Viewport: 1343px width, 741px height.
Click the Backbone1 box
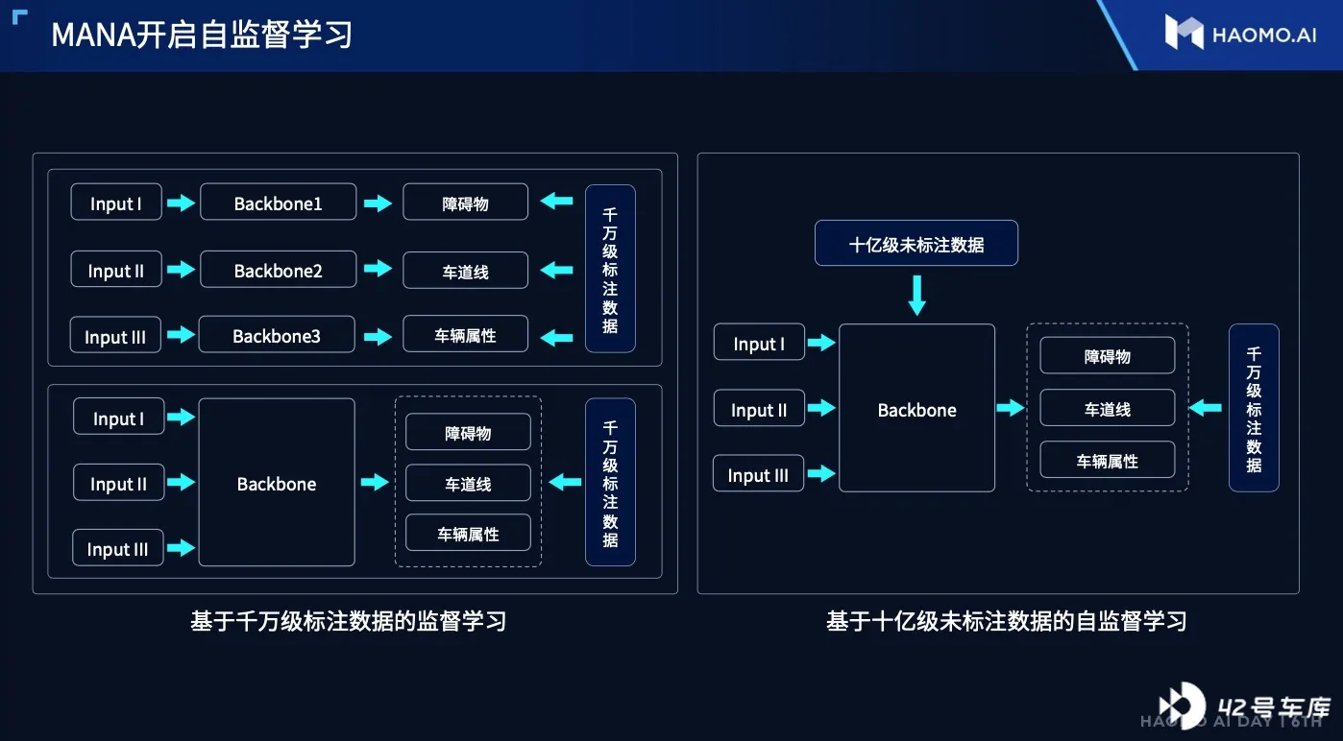pos(279,203)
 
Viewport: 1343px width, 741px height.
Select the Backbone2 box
pos(279,270)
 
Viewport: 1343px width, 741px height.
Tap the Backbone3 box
pos(277,335)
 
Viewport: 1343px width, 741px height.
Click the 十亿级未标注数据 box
pos(916,243)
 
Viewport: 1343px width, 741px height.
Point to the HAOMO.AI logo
pos(1240,33)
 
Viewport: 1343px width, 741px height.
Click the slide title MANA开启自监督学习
pos(202,35)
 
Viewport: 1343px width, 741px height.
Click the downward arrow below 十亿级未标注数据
pos(916,296)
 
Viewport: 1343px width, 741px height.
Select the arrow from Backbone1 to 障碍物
pos(378,203)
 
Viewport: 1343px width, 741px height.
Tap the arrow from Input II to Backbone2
pos(181,270)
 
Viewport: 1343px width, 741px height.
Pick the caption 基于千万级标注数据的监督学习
pos(349,621)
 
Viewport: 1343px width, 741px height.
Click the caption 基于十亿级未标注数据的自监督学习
pos(1006,621)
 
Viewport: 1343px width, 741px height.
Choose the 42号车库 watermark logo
pos(1244,705)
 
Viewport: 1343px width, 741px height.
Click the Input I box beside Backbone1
pos(116,202)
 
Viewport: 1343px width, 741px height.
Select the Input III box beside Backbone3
pos(115,335)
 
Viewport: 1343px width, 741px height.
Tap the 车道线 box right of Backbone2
pos(465,271)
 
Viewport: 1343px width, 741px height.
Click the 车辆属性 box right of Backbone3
pos(465,334)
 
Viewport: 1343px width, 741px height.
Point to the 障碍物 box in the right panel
pos(1108,355)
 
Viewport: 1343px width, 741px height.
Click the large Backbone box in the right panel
pos(916,408)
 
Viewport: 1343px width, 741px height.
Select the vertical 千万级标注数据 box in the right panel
pos(1254,408)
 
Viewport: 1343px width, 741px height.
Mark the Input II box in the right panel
pos(759,408)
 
